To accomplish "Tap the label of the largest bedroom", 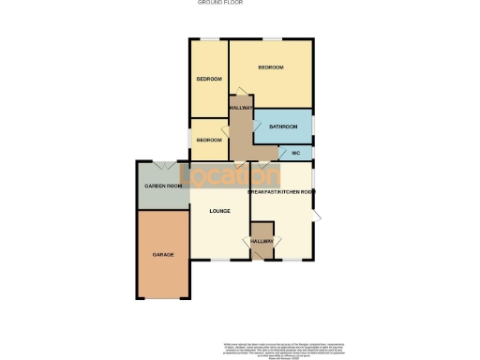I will (271, 67).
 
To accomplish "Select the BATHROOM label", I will (283, 127).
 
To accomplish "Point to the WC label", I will (294, 152).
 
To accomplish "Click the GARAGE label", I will (164, 255).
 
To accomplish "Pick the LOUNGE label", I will (219, 210).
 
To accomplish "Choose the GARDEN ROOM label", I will (162, 186).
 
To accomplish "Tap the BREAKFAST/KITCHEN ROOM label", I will (281, 192).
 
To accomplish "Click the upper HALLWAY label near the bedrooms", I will (241, 108).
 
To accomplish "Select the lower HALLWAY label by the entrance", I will (262, 241).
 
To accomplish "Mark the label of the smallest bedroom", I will (209, 140).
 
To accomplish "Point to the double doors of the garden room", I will (164, 164).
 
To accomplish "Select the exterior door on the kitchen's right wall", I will (317, 217).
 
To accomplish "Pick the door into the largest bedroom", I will (241, 91).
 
